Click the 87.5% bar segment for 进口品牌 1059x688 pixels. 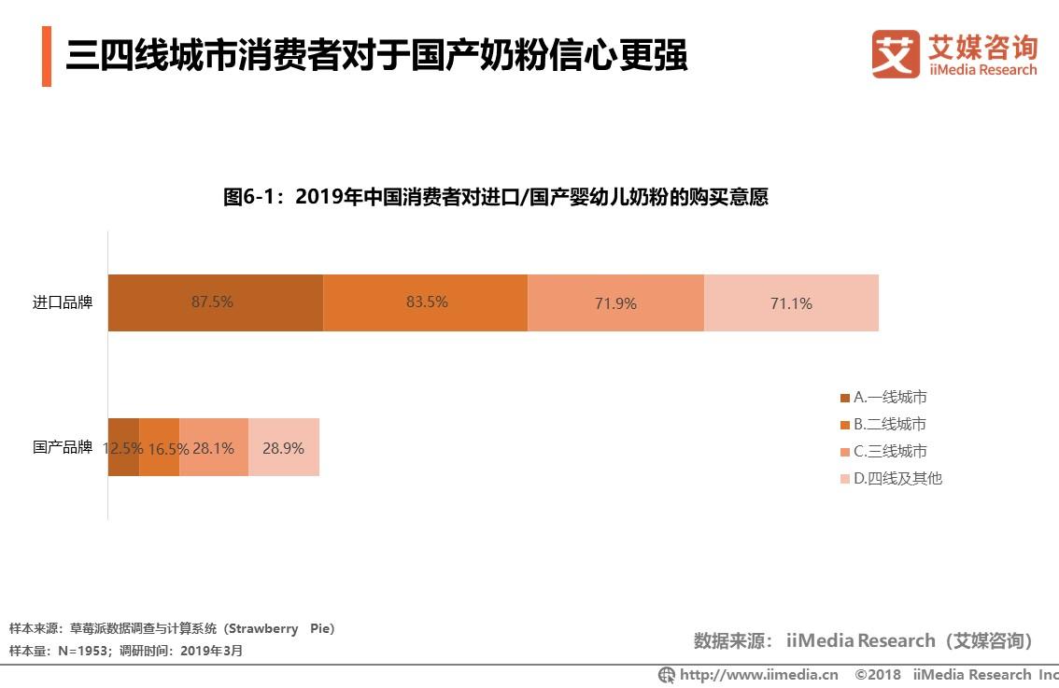click(215, 302)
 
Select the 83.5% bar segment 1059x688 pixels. click(426, 302)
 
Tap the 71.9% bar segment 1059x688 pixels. click(615, 302)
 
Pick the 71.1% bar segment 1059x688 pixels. click(791, 302)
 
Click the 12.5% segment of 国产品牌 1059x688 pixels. click(123, 447)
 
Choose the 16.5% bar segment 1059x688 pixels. click(159, 447)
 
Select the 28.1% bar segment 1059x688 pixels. click(214, 447)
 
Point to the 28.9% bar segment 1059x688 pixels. click(284, 447)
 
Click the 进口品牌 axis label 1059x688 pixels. click(63, 302)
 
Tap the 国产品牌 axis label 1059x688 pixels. click(63, 447)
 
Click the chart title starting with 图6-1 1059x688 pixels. click(495, 197)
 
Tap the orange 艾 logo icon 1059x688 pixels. click(896, 54)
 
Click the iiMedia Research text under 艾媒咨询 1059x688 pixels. click(982, 70)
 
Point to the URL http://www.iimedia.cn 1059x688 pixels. click(757, 674)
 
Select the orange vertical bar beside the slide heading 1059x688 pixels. click(47, 57)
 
